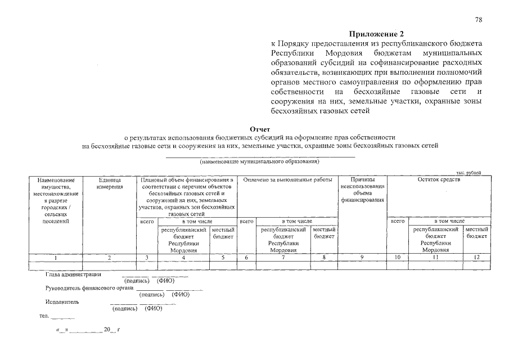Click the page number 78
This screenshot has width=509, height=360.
pyautogui.click(x=479, y=20)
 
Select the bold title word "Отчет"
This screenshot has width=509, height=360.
pyautogui.click(x=260, y=129)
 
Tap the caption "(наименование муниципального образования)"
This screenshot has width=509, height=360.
pyautogui.click(x=260, y=161)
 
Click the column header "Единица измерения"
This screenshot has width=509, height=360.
pyautogui.click(x=110, y=183)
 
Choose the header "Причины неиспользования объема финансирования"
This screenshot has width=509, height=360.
pyautogui.click(x=362, y=190)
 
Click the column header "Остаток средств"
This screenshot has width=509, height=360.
pyautogui.click(x=439, y=179)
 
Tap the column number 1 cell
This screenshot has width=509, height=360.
pyautogui.click(x=56, y=257)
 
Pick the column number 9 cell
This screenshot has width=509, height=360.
pyautogui.click(x=362, y=257)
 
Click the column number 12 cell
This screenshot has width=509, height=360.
pyautogui.click(x=477, y=257)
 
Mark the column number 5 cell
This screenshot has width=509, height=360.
pyautogui.click(x=223, y=257)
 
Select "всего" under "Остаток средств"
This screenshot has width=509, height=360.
pyautogui.click(x=398, y=222)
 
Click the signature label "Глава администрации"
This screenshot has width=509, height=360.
pyautogui.click(x=73, y=274)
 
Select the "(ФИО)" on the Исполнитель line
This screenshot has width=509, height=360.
pyautogui.click(x=154, y=308)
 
